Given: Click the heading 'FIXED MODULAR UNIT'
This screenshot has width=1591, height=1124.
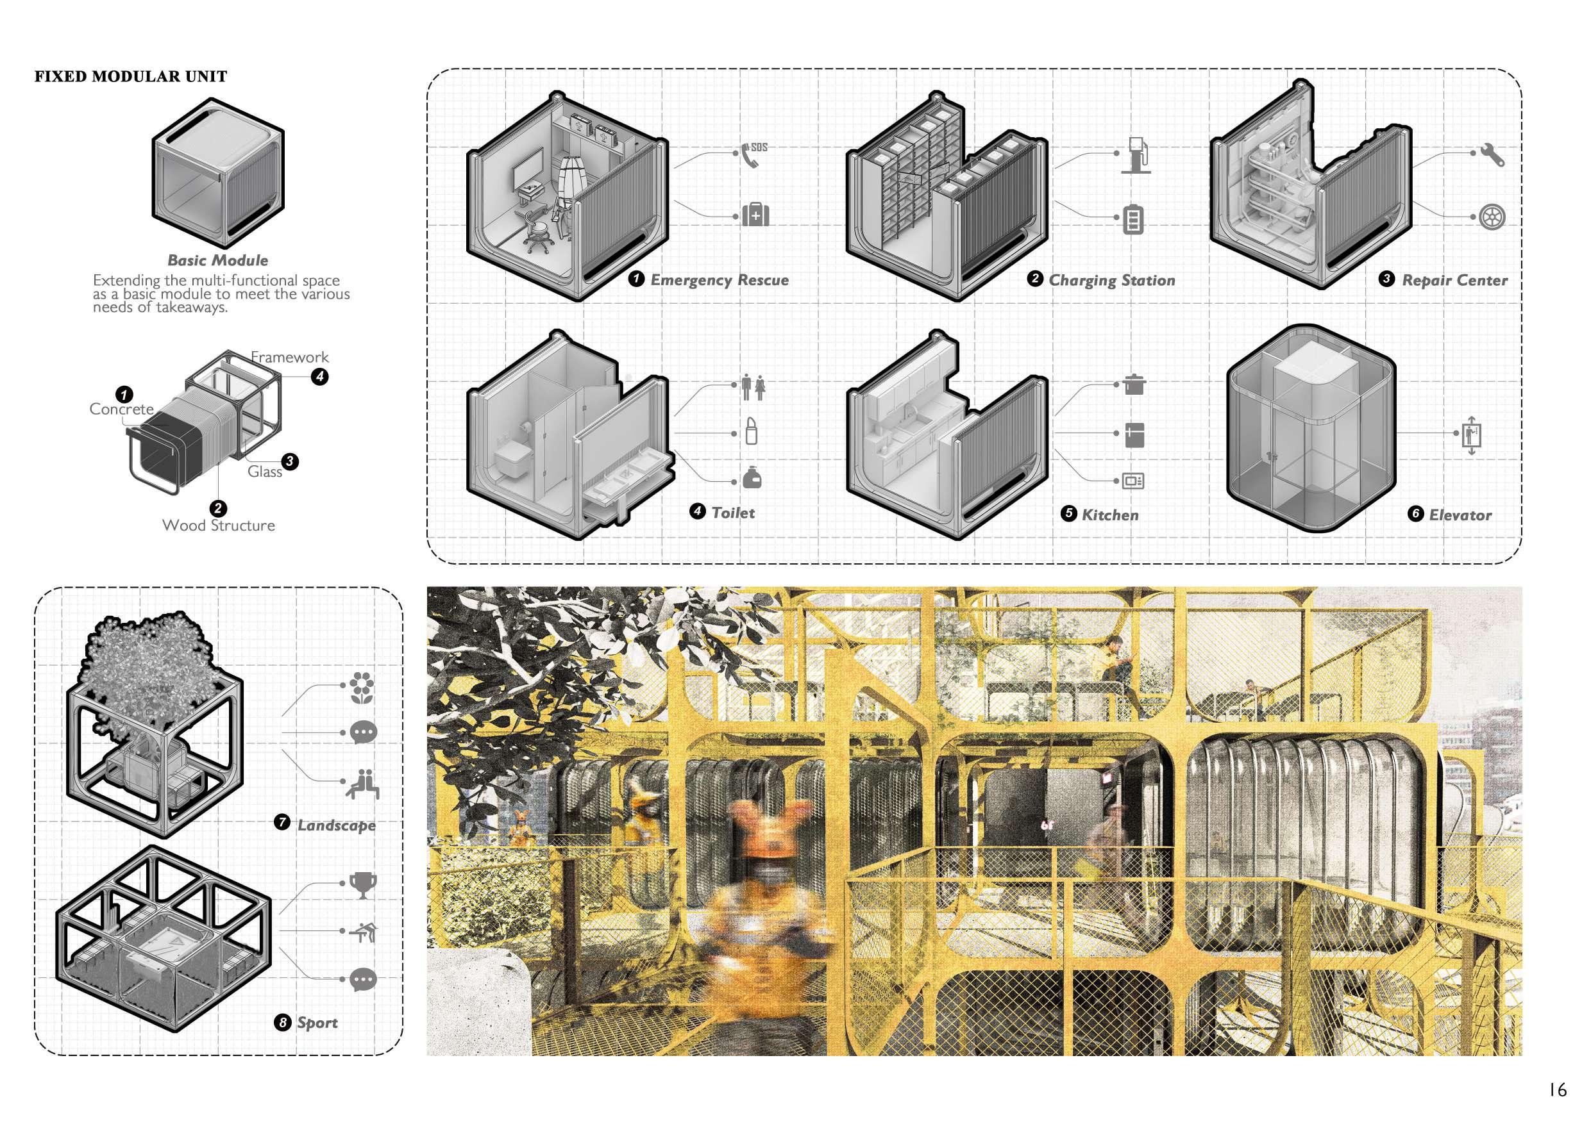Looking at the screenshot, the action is pyautogui.click(x=131, y=76).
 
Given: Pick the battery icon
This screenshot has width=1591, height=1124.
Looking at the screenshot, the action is pyautogui.click(x=1132, y=220).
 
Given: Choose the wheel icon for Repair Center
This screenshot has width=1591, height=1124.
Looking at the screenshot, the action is pyautogui.click(x=1490, y=217).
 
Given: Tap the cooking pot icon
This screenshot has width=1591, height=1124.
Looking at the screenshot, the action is pyautogui.click(x=1133, y=384).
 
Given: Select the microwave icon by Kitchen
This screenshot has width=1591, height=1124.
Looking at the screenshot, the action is pyautogui.click(x=1133, y=481).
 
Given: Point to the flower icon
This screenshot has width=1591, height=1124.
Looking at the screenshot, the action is pyautogui.click(x=360, y=687).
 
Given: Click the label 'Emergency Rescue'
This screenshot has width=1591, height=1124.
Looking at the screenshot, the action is pyautogui.click(x=720, y=280).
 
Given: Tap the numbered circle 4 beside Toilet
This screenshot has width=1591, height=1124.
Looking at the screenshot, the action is pyautogui.click(x=697, y=512).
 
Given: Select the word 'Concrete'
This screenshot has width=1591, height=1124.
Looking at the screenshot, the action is pyautogui.click(x=121, y=409).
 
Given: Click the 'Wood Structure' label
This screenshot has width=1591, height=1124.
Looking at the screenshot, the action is pyautogui.click(x=218, y=525).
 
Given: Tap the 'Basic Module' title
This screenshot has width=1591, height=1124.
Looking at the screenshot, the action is pyautogui.click(x=217, y=260).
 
